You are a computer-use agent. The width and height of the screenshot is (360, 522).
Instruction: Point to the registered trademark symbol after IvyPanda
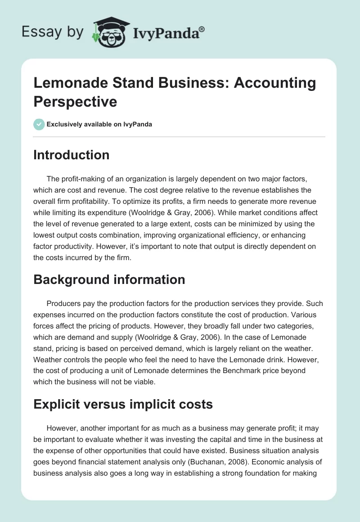tap(202, 28)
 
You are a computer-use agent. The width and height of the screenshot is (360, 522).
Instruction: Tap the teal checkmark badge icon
tap(39, 124)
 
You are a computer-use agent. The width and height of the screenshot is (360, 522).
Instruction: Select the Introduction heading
tap(72, 155)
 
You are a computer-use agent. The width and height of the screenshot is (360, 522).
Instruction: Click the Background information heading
tap(109, 279)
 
